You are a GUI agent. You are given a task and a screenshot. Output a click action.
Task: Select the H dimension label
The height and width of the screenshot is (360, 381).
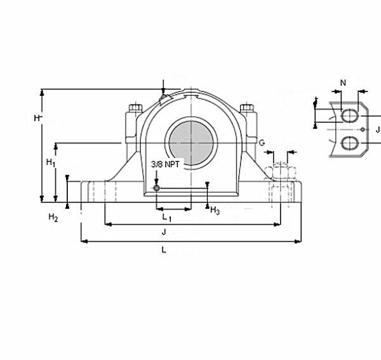37,117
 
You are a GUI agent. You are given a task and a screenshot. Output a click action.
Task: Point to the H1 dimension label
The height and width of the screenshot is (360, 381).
51,163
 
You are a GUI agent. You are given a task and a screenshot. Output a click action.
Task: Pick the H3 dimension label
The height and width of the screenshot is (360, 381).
215,210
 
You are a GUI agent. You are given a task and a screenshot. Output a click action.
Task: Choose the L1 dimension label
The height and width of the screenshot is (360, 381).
167,217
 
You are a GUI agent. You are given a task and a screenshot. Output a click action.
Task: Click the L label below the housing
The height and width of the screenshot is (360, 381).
164,250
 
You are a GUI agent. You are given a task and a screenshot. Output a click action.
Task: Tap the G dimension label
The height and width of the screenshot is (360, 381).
261,142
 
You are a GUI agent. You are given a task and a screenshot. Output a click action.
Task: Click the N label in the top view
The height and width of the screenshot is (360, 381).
343,83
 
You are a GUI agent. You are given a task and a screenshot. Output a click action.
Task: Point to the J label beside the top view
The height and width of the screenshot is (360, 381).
377,130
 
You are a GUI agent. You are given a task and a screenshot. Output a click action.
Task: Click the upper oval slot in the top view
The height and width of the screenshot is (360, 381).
349,115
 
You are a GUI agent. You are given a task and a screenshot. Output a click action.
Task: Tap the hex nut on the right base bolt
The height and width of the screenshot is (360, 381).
279,171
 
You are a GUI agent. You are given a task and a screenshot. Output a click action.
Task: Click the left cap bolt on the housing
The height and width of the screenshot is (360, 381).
134,109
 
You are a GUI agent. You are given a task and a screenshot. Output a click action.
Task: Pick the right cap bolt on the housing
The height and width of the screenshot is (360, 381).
248,109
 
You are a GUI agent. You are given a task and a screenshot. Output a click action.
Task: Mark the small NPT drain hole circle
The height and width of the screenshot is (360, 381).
156,187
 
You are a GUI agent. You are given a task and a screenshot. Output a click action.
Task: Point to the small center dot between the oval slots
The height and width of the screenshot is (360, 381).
362,130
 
